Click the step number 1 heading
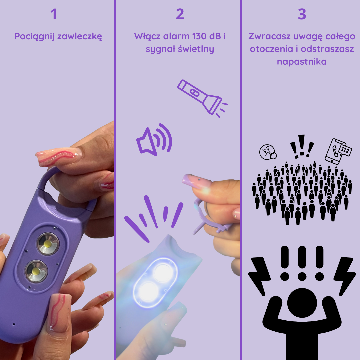[54, 14]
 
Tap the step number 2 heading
[180, 14]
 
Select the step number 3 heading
[302, 14]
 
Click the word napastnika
[302, 62]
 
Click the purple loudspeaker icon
[154, 140]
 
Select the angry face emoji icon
[268, 152]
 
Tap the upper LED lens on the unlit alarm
[48, 244]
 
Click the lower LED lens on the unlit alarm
[36, 271]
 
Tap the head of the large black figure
[302, 303]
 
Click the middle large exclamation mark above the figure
[302, 263]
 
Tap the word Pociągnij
[35, 37]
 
